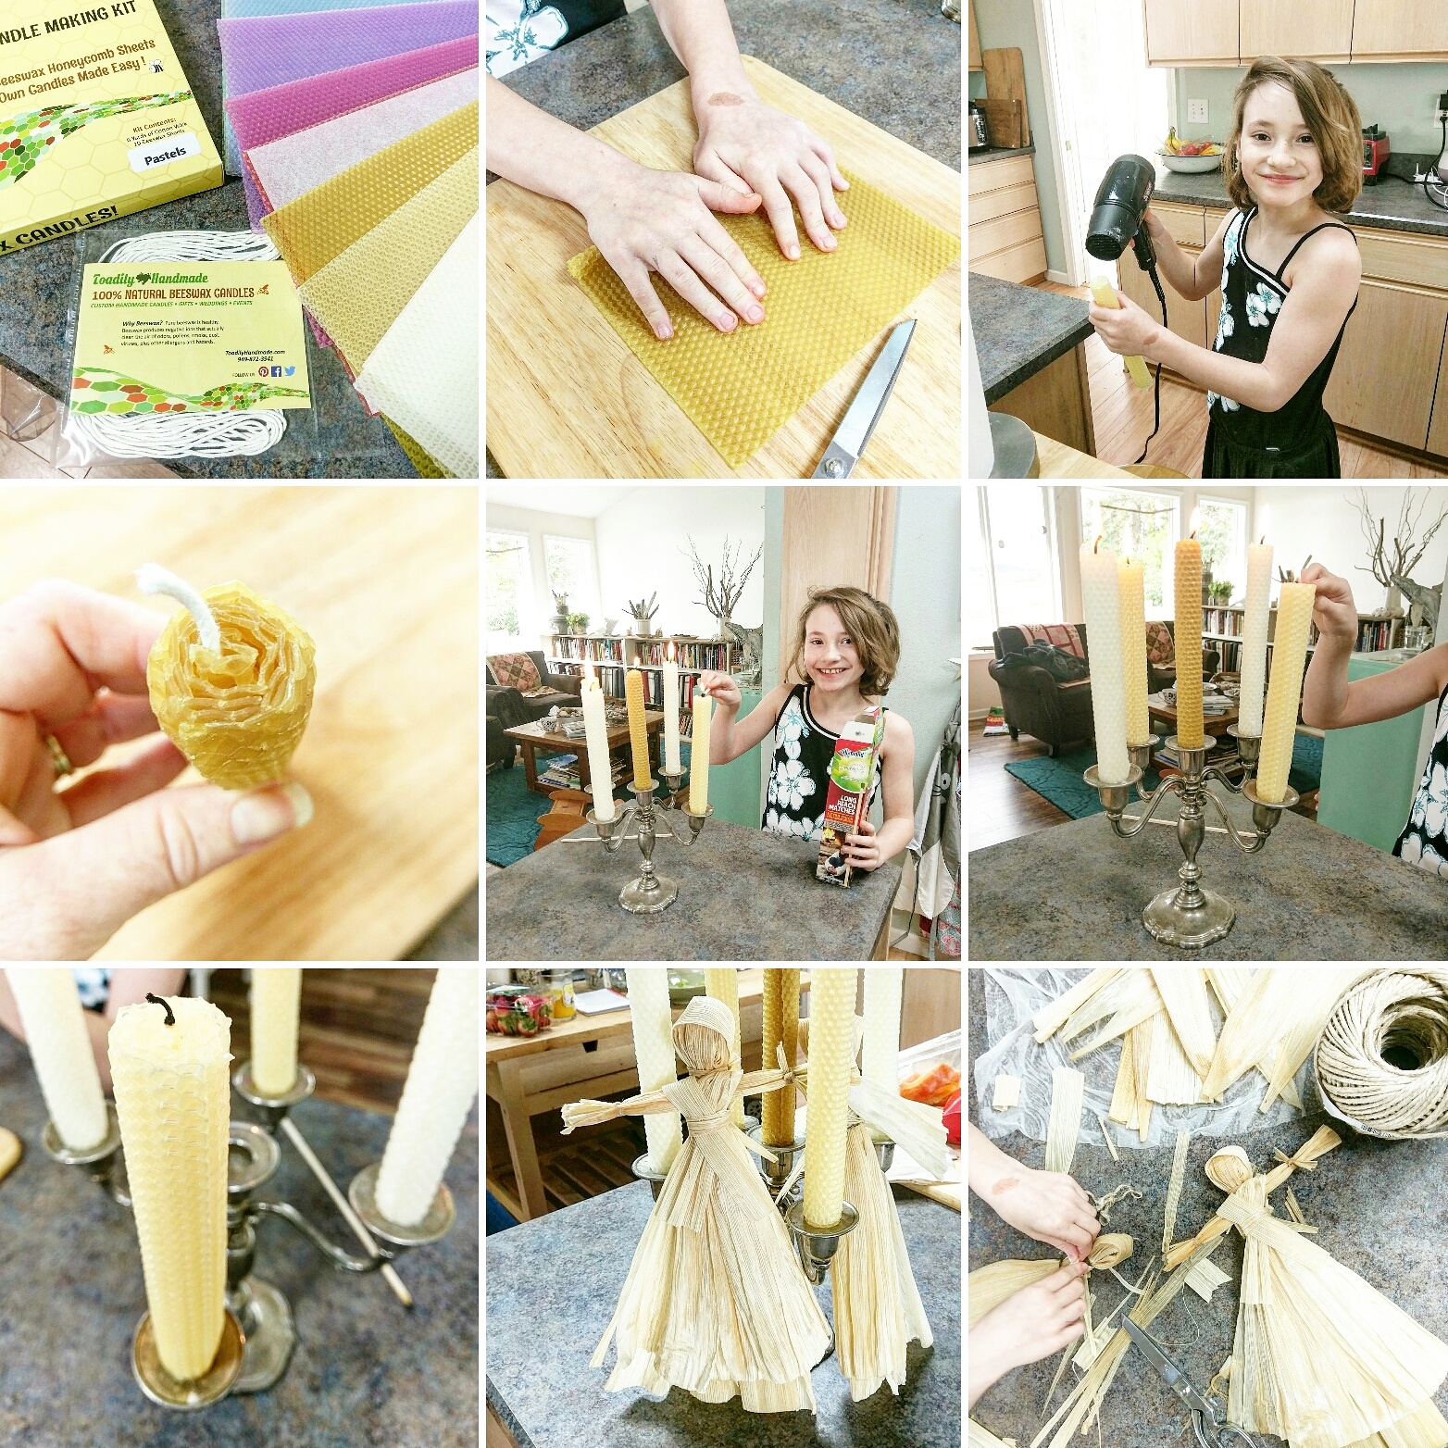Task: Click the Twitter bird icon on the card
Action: [291, 370]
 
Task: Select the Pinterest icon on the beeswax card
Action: [263, 371]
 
